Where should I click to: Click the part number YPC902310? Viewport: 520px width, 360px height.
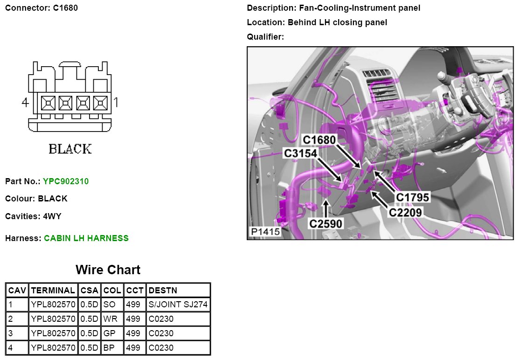click(x=66, y=181)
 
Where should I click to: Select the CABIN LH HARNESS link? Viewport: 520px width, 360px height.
click(x=86, y=238)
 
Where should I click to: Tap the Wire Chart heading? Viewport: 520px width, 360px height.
click(x=108, y=270)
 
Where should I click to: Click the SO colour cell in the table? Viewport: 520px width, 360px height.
click(x=109, y=305)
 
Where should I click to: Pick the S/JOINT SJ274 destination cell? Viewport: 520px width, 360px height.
click(x=178, y=305)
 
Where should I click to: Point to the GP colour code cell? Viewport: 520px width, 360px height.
click(x=110, y=333)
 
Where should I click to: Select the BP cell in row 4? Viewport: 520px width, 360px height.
click(x=109, y=347)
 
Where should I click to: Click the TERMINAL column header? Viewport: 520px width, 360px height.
click(x=53, y=291)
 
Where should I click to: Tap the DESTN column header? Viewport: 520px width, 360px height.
click(x=163, y=291)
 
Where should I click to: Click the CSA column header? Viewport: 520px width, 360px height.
click(x=89, y=291)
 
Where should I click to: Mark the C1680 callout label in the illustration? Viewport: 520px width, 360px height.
click(x=319, y=139)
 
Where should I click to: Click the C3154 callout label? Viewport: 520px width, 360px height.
click(x=301, y=153)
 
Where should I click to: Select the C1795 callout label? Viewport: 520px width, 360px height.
click(x=412, y=197)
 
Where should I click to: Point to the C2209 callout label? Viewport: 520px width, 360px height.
click(x=406, y=213)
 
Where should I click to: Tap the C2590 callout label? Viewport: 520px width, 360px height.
click(x=326, y=224)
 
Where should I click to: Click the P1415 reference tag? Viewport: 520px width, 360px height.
click(x=264, y=232)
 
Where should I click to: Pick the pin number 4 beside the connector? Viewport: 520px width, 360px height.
click(x=25, y=102)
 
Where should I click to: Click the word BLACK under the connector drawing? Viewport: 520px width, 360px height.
click(x=70, y=149)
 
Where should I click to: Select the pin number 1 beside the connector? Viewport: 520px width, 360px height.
click(x=116, y=102)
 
